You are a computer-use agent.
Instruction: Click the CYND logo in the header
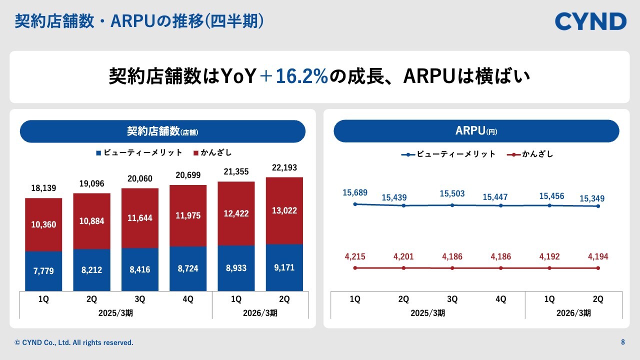[590, 21]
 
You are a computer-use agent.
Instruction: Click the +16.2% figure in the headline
[294, 77]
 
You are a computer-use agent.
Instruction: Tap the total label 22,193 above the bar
[284, 167]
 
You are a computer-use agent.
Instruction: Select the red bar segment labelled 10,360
[43, 224]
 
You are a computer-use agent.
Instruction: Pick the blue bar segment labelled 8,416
[140, 269]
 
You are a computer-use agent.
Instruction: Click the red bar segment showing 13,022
[284, 210]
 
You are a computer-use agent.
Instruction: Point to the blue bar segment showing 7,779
[43, 271]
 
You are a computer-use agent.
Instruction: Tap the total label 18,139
[43, 188]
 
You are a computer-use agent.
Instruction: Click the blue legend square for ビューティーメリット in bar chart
[98, 153]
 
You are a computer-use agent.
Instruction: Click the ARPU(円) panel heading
[476, 131]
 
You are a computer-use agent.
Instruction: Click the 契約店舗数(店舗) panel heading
[162, 131]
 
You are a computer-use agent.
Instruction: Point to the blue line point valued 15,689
[355, 204]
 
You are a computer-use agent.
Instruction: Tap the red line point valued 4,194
[598, 268]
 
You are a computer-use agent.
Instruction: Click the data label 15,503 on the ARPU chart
[452, 194]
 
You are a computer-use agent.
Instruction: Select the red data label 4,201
[403, 257]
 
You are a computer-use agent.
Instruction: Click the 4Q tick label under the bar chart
[188, 299]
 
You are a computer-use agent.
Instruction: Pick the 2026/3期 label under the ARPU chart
[573, 313]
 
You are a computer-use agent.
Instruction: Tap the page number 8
[622, 342]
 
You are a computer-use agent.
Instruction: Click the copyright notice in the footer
[74, 342]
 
